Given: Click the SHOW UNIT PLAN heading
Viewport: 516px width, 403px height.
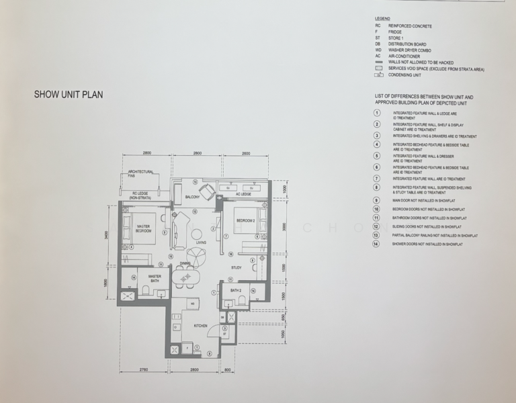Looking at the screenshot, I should (69, 95).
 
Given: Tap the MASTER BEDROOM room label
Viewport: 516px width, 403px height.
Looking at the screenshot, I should (143, 228).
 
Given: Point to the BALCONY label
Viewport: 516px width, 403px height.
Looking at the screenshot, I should (195, 197).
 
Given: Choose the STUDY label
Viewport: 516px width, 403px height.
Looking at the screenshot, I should (236, 268).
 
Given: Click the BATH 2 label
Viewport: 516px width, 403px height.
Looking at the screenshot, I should (235, 290).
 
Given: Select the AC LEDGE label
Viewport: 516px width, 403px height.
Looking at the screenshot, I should (243, 194).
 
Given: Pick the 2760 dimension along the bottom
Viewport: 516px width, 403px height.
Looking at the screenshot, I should (142, 370).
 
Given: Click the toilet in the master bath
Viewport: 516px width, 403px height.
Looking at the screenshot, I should (146, 290).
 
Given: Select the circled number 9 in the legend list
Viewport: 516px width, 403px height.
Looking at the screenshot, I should (378, 200).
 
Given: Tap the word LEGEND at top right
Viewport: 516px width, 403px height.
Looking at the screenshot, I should (384, 19).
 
